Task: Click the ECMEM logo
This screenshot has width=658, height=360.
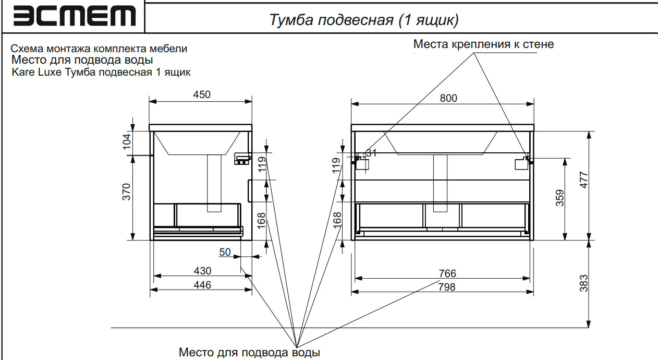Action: coord(72,17)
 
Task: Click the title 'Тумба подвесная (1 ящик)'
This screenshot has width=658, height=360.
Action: coord(364,20)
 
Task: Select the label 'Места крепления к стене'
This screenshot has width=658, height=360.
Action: coord(483,44)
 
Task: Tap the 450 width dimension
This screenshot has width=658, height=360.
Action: coord(201,94)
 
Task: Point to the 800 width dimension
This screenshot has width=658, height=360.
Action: coord(448,98)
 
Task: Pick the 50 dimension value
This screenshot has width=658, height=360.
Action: coord(225,253)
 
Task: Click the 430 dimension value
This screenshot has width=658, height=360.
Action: coord(202,271)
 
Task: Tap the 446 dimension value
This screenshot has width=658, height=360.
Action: coord(202,285)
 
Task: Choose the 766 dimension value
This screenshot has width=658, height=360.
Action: coord(447,273)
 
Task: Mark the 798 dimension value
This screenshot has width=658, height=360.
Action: coord(447,287)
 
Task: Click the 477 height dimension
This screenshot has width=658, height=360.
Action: coord(584,181)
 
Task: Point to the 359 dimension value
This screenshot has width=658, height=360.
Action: coord(559,198)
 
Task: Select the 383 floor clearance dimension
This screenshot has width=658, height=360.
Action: coord(584,283)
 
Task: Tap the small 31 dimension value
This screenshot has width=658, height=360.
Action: coord(371,153)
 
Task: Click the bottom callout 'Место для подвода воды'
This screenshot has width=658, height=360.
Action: coord(249,352)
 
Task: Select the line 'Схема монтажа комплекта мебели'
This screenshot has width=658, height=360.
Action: coord(99,49)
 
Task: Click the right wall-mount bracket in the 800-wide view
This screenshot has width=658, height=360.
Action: coord(522,163)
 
